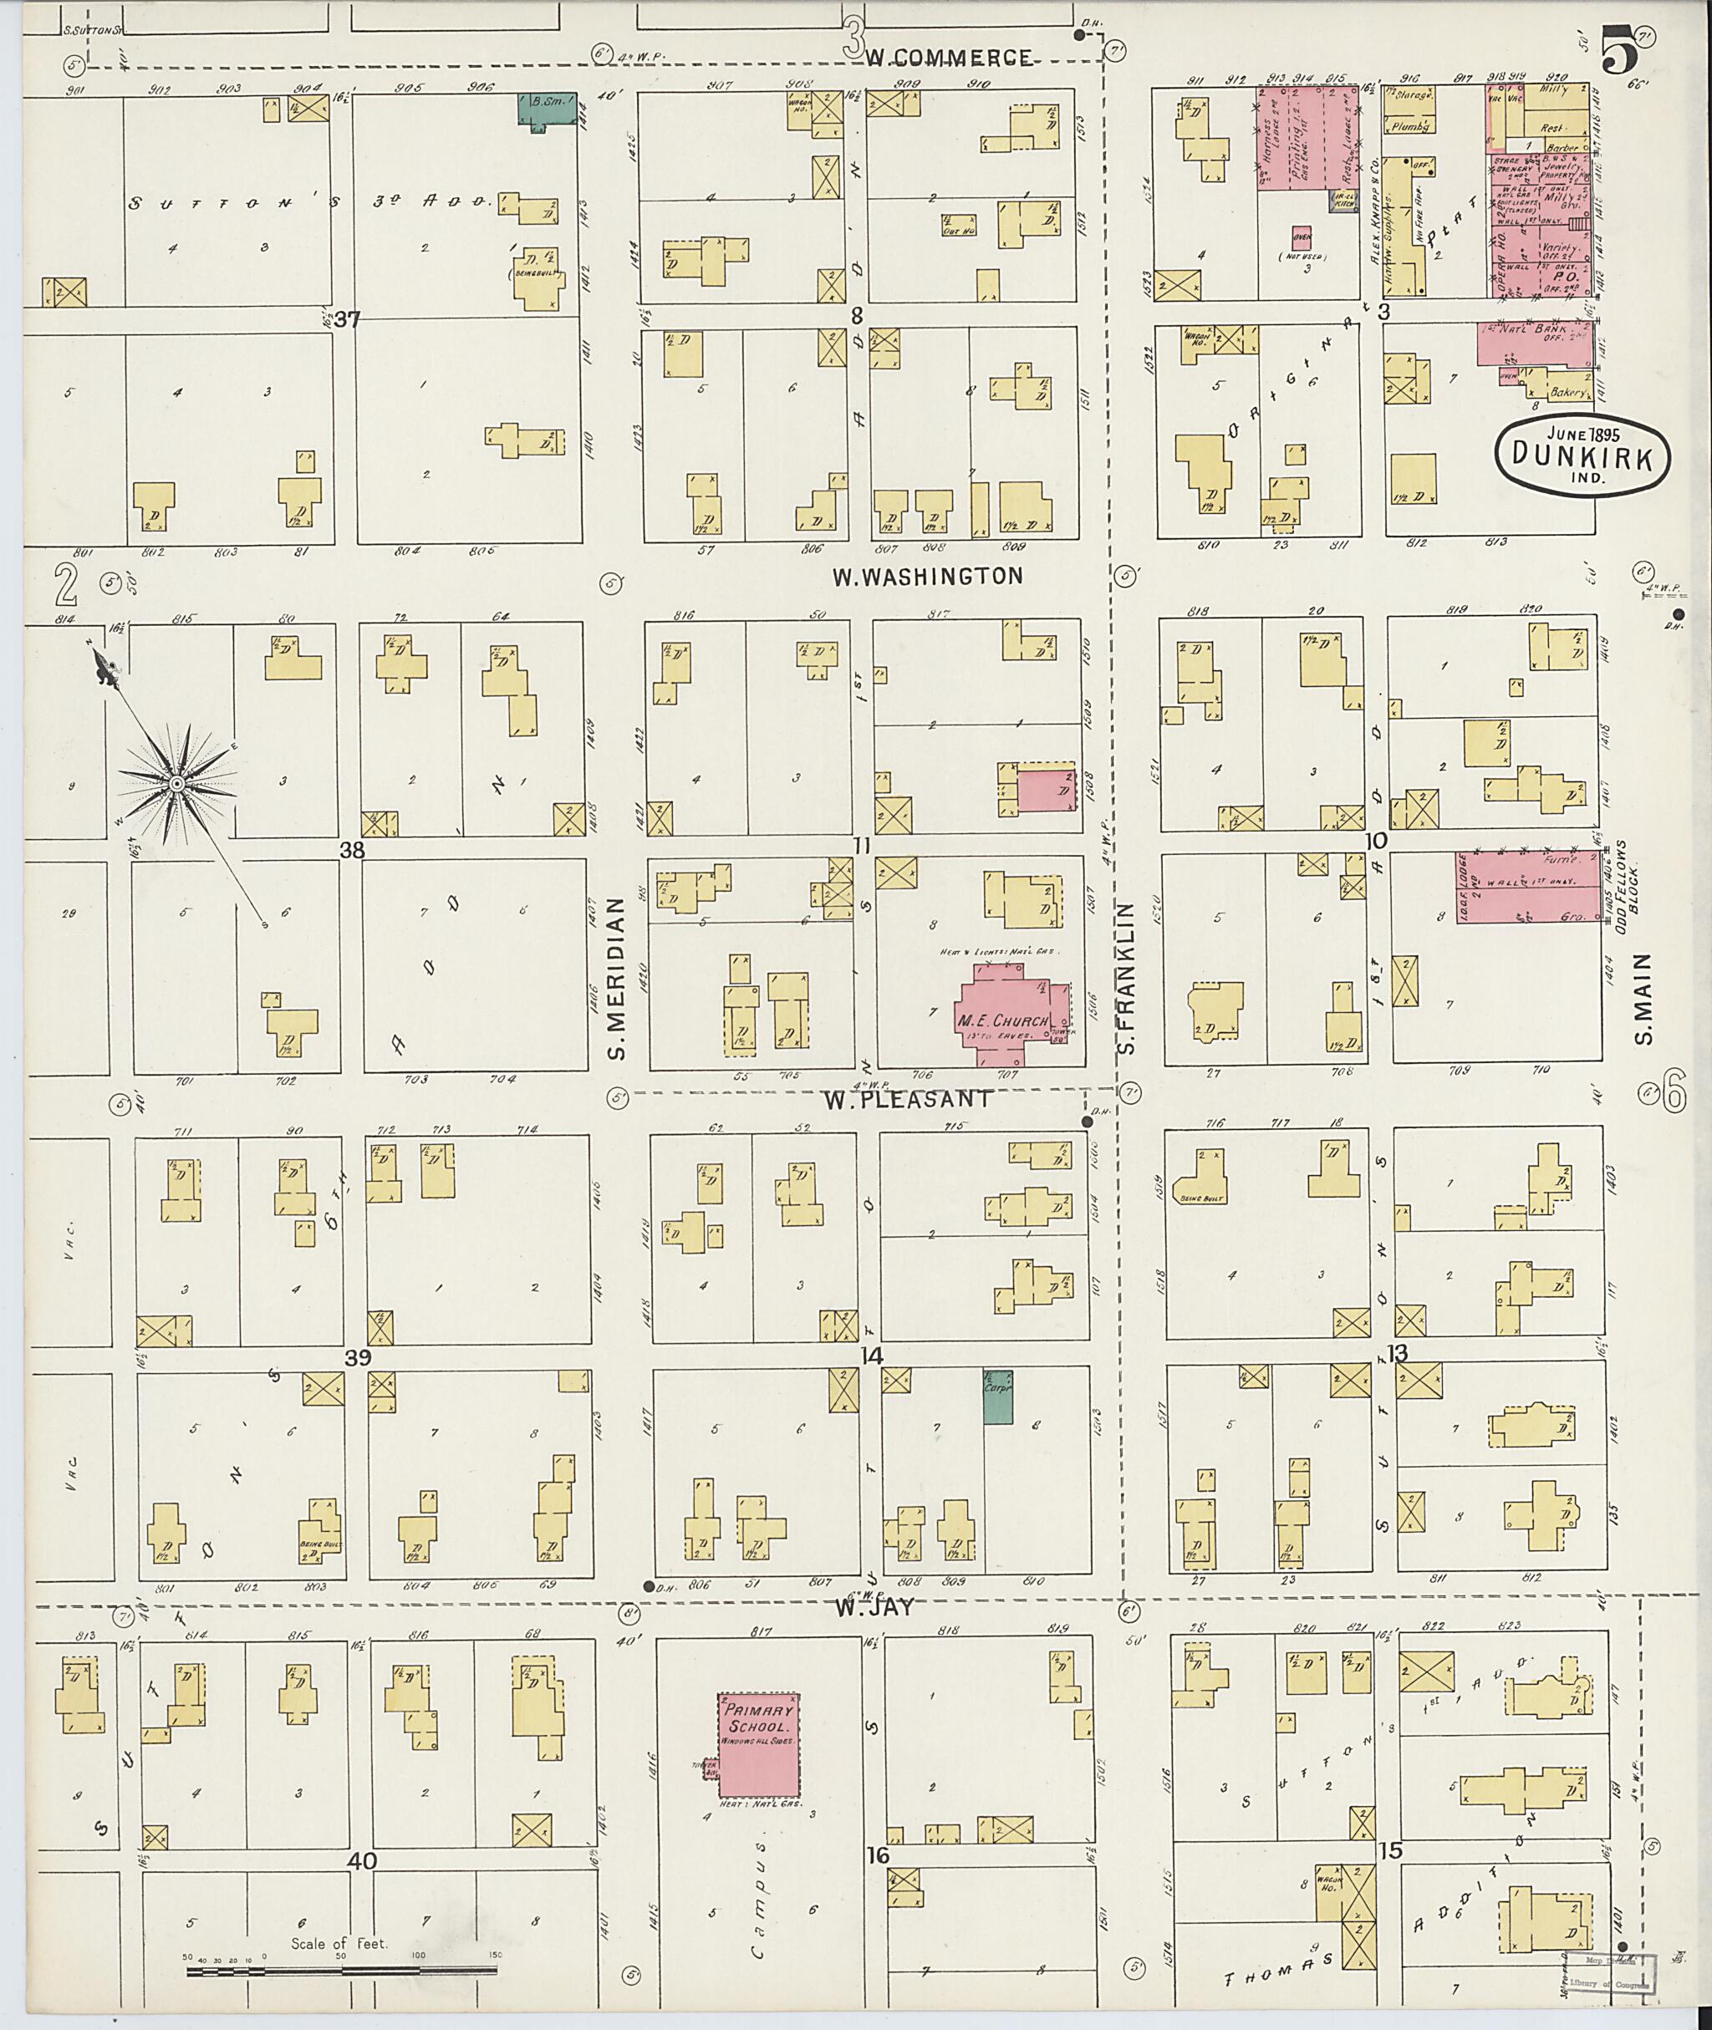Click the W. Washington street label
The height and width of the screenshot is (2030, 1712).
tap(928, 577)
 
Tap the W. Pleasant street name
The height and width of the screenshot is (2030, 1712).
tap(909, 1100)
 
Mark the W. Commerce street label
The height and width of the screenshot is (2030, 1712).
tap(948, 59)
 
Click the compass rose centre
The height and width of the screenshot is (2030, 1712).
tap(176, 782)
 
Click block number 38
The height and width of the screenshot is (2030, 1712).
tap(351, 850)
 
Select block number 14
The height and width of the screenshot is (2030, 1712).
tap(872, 1356)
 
